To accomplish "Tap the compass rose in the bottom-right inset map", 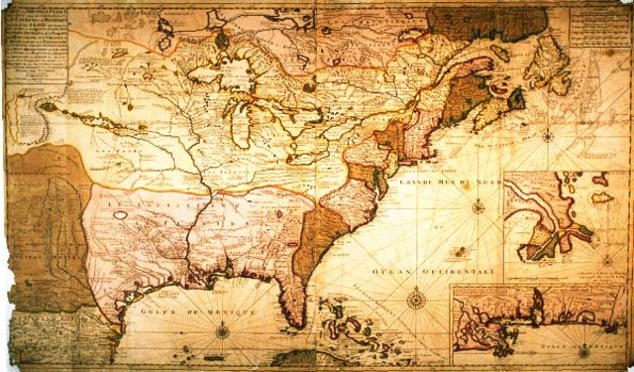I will coord(584,349).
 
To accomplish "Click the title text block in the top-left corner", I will coord(36,40).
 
